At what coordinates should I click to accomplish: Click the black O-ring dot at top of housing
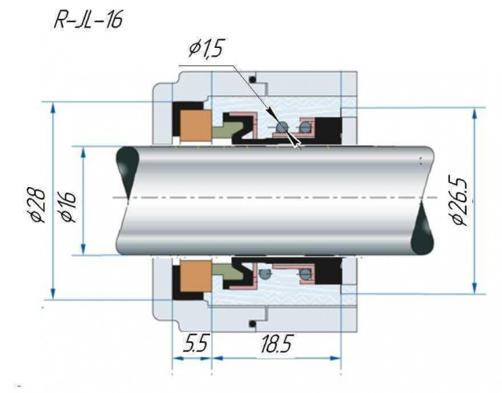coord(252,79)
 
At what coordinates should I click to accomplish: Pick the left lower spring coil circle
coord(266,274)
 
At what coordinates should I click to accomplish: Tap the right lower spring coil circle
coord(302,274)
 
